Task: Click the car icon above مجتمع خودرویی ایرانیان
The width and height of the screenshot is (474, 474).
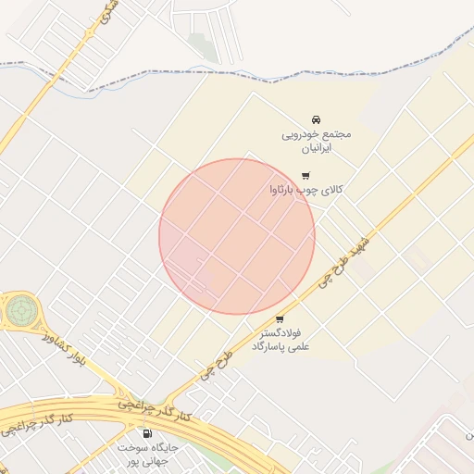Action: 316,119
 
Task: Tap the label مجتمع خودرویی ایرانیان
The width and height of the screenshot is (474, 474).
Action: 317,141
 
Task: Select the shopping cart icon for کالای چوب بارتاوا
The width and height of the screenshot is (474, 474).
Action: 306,175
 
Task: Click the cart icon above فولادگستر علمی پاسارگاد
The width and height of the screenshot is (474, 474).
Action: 280,319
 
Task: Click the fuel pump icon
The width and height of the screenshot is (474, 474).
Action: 146,433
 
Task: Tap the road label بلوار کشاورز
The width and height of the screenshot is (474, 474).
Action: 63,348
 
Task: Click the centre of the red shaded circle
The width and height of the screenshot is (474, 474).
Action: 237,236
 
